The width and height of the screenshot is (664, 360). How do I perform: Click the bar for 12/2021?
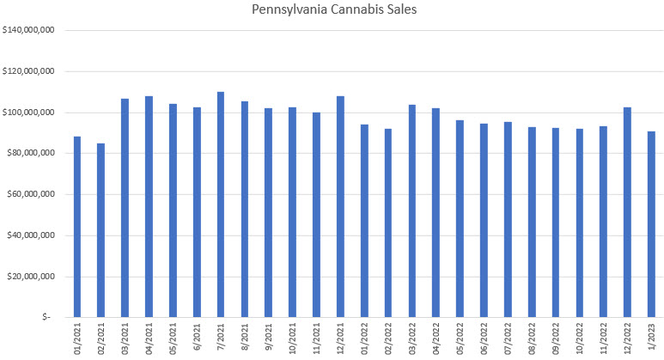340,206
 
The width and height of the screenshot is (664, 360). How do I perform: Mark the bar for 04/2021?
149,206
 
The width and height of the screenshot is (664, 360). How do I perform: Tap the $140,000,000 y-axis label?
29,30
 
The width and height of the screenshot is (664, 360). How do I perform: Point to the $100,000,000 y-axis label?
29,113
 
